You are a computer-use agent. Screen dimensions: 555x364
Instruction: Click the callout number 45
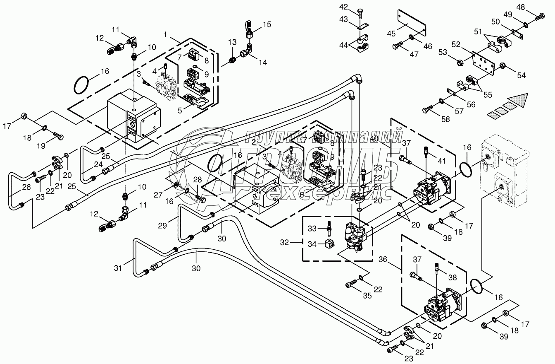click(391, 33)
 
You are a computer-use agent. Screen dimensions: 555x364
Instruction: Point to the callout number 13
click(232, 42)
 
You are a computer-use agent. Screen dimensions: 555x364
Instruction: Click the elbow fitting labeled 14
click(246, 51)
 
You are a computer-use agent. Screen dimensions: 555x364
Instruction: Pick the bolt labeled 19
click(58, 136)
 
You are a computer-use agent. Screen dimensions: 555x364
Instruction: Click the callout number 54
click(521, 75)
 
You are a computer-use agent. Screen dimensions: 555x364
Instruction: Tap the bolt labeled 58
click(427, 109)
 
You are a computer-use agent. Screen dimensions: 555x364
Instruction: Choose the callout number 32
click(284, 242)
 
